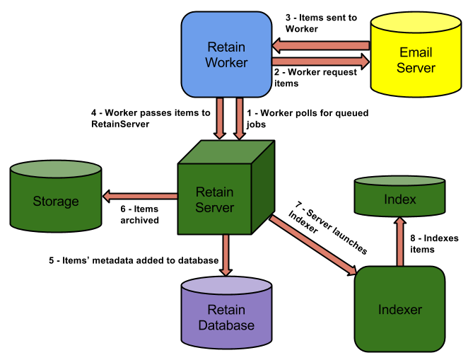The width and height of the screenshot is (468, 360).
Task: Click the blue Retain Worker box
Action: click(x=226, y=54)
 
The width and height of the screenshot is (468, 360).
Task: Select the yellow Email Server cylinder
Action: click(x=415, y=61)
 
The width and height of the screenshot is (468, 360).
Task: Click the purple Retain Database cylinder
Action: click(x=226, y=316)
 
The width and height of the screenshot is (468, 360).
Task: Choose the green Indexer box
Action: click(x=399, y=309)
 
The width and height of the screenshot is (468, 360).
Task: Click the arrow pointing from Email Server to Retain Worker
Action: click(x=321, y=45)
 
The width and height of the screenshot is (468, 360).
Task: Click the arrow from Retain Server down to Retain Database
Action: click(x=226, y=255)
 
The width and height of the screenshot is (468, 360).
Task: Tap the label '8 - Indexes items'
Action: click(x=433, y=243)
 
